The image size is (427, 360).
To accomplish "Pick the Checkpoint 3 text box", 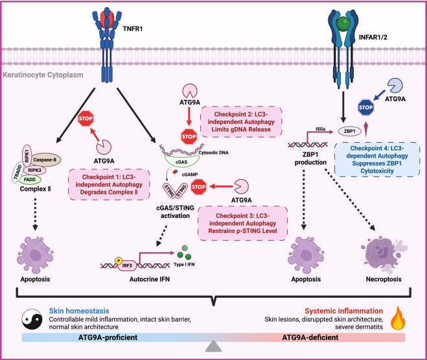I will click(242, 222).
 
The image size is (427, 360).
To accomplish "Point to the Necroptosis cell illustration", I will click(366, 250).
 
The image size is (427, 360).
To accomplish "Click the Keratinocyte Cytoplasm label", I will click(41, 76).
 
